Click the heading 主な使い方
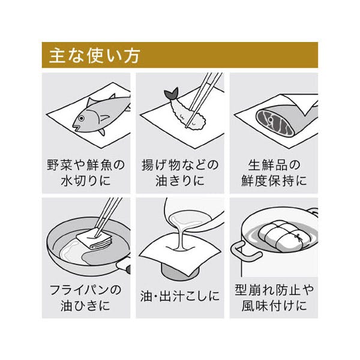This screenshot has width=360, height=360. pyautogui.click(x=95, y=56)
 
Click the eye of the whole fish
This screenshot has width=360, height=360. pyautogui.click(x=81, y=118)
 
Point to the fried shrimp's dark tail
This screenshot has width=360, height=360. pyautogui.click(x=171, y=93)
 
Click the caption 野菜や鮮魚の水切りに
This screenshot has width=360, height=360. pyautogui.click(x=86, y=172)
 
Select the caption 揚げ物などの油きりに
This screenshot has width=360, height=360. pyautogui.click(x=180, y=172)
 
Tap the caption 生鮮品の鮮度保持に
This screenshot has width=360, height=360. pyautogui.click(x=274, y=172)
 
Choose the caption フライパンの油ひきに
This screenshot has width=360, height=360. pyautogui.click(x=86, y=298)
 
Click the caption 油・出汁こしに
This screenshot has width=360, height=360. pyautogui.click(x=180, y=296)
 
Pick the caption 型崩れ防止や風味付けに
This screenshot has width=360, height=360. pyautogui.click(x=274, y=298)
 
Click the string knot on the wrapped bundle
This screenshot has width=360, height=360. pyautogui.click(x=298, y=236)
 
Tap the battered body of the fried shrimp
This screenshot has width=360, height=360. pyautogui.click(x=189, y=114)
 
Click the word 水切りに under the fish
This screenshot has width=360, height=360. pyautogui.click(x=86, y=180)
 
